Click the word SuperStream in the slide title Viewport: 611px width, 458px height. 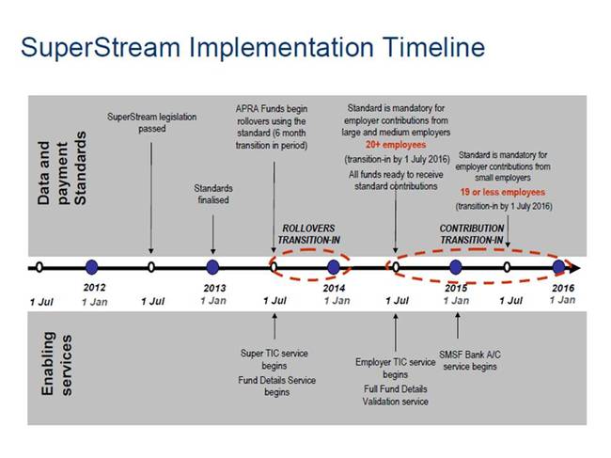(101, 48)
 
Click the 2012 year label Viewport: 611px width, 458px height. (94, 287)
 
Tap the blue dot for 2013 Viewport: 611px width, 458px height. (212, 267)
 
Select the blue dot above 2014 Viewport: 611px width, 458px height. (333, 267)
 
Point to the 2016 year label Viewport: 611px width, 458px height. (563, 288)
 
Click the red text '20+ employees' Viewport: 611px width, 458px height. (396, 145)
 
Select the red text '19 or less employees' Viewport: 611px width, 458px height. (503, 192)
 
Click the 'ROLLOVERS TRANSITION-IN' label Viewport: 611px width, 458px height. (309, 234)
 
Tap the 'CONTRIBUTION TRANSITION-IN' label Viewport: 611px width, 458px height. (472, 234)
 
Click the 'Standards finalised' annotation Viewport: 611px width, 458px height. (213, 194)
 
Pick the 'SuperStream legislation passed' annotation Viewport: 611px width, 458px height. (152, 122)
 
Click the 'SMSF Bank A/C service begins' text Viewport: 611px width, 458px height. (470, 360)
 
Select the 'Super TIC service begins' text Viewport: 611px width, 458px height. (274, 359)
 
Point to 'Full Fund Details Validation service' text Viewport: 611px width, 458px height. (396, 395)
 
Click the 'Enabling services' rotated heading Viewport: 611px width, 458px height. (57, 364)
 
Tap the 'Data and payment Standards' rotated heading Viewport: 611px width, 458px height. (61, 168)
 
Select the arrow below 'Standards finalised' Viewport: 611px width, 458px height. (212, 235)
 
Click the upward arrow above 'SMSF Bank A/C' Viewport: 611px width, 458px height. (458, 325)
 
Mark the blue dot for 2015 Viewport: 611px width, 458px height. (456, 267)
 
